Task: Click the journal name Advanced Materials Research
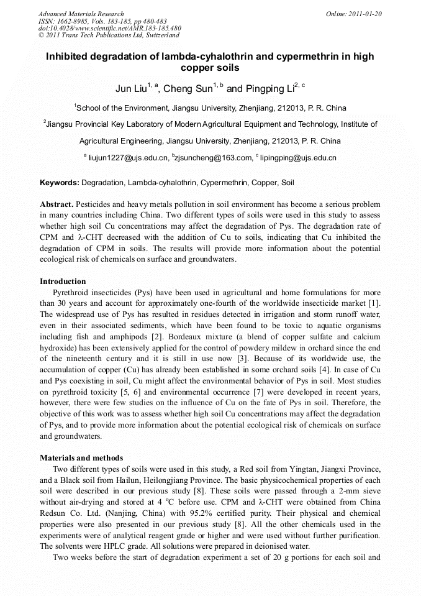click(x=81, y=14)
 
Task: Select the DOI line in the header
click(x=109, y=28)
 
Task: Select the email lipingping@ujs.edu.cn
click(x=298, y=158)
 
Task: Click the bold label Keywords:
click(x=60, y=183)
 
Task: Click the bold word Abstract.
click(x=57, y=204)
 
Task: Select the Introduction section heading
click(x=63, y=282)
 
